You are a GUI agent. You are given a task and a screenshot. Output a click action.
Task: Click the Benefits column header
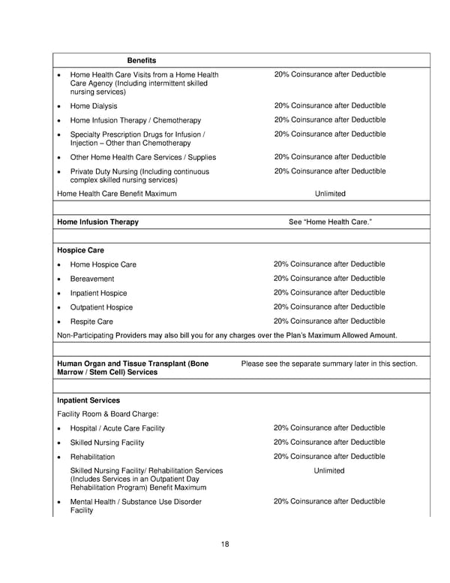pos(141,60)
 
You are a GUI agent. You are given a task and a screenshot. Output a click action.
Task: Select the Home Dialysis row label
pos(93,107)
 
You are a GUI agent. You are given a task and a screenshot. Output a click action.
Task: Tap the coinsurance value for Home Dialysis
pos(329,106)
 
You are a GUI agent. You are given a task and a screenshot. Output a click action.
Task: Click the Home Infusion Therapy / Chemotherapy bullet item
pos(135,120)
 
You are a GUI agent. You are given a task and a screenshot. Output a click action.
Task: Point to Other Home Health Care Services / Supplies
pos(142,157)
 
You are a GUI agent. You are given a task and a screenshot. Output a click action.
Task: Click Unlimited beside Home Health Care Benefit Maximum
pos(330,194)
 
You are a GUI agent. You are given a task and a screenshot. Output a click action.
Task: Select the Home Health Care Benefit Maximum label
pos(117,194)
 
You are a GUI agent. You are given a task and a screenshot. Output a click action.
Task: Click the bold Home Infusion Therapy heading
pos(97,222)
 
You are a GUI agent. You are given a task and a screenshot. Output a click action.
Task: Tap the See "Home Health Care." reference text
pos(330,222)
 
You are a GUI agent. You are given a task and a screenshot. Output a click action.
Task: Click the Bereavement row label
pos(91,279)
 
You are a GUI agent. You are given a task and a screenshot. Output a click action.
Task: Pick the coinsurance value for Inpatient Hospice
pos(329,293)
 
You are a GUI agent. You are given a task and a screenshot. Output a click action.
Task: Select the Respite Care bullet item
pos(91,322)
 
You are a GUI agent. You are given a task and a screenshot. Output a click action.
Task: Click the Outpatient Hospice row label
pos(101,307)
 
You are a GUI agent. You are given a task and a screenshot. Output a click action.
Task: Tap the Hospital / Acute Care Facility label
pos(117,428)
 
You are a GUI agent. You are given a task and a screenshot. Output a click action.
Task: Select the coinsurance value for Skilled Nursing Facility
pos(329,443)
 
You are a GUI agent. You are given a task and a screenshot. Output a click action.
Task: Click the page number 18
pos(225,545)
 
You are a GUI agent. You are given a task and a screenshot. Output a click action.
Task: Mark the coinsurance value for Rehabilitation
pos(329,457)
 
